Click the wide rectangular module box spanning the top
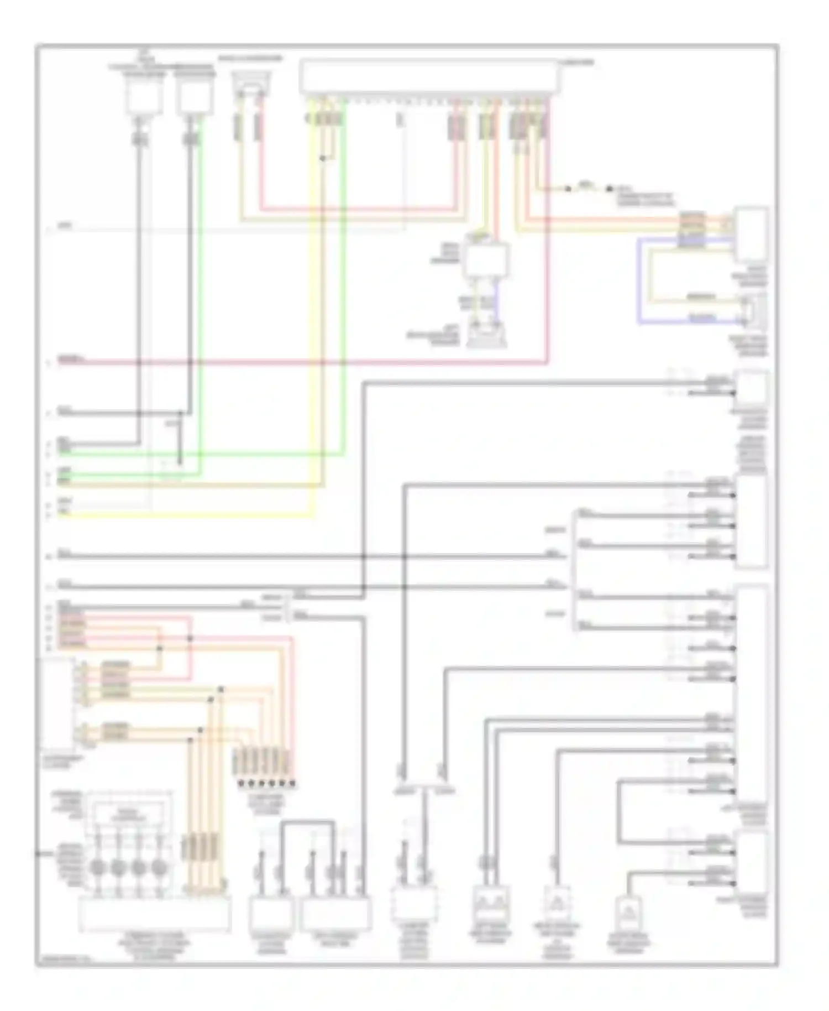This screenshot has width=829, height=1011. tap(428, 77)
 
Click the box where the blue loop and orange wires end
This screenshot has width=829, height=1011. tap(751, 235)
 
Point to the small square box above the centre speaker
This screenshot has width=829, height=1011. tap(485, 260)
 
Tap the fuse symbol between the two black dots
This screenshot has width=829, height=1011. tap(587, 189)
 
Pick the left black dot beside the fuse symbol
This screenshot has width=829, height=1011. tap(568, 189)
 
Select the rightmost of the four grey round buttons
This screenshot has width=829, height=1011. tap(159, 867)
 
